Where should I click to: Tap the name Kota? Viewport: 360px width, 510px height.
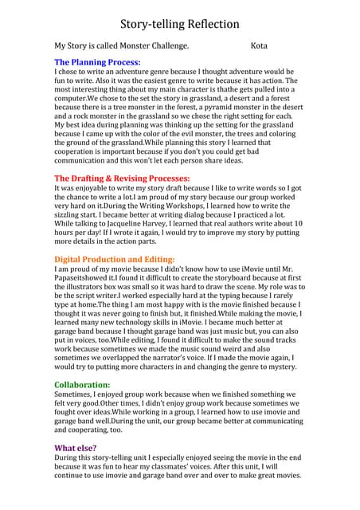(259, 46)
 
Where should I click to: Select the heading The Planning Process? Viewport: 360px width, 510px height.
(97, 61)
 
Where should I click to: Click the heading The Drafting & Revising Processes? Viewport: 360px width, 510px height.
(122, 178)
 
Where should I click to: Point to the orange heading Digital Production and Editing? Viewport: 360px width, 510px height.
(114, 259)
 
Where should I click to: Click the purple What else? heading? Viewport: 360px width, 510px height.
(80, 448)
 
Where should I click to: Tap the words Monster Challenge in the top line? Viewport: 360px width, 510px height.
(151, 46)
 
